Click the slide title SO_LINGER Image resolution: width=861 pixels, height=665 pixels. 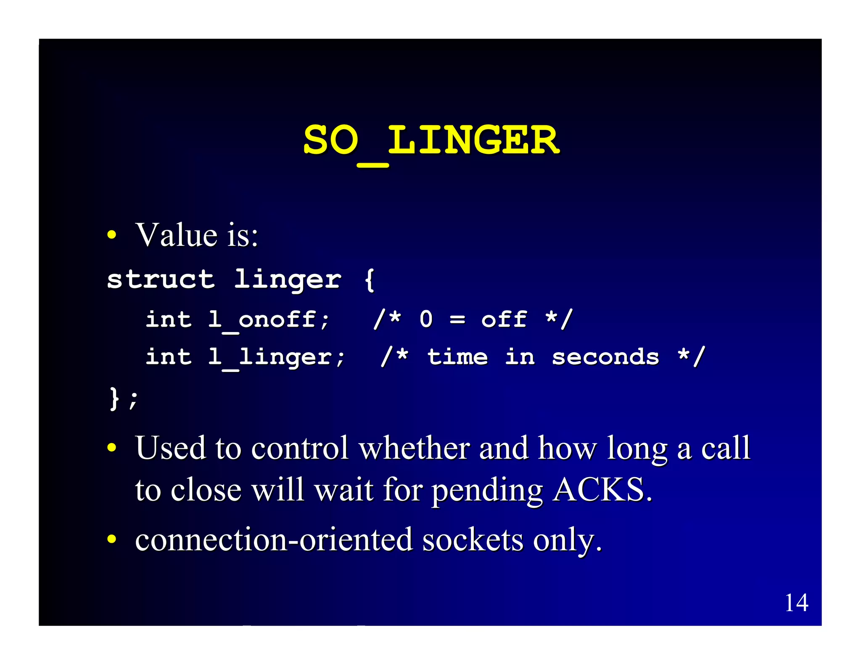point(431,141)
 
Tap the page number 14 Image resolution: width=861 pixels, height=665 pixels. point(796,602)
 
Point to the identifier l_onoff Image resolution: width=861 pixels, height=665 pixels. point(269,320)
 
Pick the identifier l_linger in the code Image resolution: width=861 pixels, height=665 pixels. point(277,357)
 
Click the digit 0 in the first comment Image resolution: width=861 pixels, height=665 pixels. point(426,319)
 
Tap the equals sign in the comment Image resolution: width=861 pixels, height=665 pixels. point(457,320)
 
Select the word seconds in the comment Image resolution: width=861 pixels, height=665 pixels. point(605,357)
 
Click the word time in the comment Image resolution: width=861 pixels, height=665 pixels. point(457,357)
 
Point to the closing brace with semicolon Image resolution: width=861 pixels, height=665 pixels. point(123,398)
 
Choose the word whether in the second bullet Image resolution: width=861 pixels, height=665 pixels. point(414,448)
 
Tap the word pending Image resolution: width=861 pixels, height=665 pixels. point(487,491)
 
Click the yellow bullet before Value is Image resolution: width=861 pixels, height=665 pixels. point(111,235)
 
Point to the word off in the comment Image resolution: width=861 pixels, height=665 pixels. point(504,319)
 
